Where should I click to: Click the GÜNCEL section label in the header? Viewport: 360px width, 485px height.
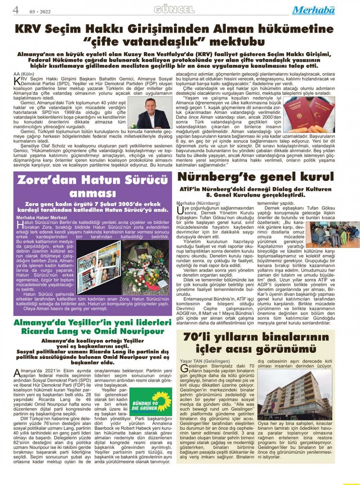174,10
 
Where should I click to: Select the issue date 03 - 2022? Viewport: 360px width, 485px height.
40,12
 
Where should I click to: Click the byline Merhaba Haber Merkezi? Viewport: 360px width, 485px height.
42,217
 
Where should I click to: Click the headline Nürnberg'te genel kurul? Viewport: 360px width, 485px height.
256,177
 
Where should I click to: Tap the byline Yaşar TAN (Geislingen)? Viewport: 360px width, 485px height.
204,361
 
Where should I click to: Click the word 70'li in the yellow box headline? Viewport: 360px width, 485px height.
197,337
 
